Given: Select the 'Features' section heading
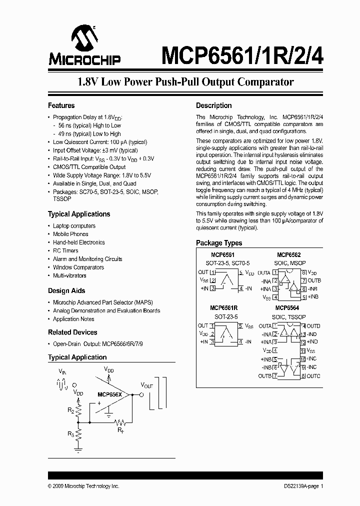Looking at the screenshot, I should click(61, 105).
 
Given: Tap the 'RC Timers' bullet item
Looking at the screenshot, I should click(65, 250).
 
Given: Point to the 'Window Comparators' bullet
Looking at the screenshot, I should click(78, 267).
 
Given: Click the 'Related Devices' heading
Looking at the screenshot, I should click(72, 332).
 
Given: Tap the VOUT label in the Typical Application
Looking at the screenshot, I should click(147, 385).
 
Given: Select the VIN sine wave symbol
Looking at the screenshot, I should click(62, 385).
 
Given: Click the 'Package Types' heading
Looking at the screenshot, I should click(219, 243).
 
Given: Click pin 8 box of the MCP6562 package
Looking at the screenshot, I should click(303, 272).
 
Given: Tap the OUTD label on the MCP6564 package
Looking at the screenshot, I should click(314, 326).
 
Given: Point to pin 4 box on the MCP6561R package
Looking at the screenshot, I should click(240, 342).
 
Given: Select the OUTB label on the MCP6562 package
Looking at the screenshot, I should click(314, 280).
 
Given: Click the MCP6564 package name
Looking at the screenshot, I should click(286, 308).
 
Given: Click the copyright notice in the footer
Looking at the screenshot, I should click(83, 486).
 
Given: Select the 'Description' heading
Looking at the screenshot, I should click(213, 105).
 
